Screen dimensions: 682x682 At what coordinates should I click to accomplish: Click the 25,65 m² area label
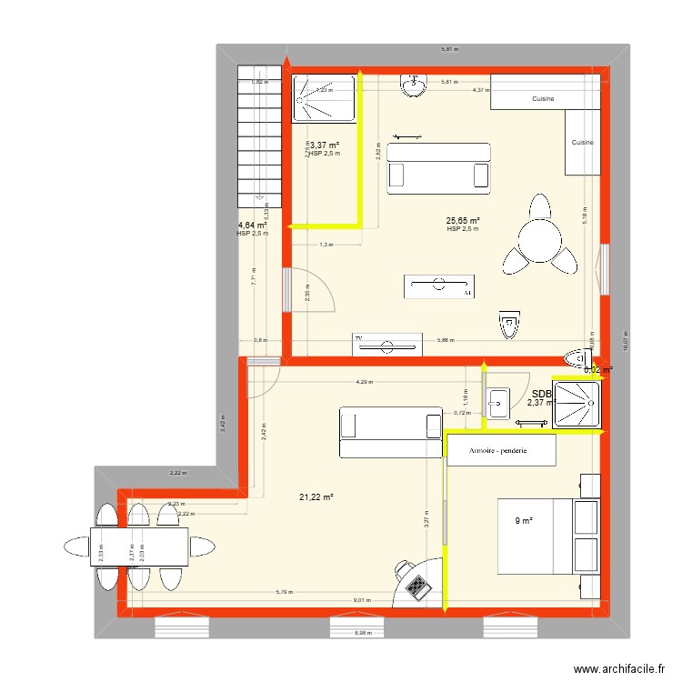462,220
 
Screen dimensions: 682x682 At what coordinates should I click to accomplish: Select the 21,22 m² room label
316,496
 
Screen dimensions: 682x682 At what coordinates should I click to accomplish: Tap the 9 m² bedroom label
523,521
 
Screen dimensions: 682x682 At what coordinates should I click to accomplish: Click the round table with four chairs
539,236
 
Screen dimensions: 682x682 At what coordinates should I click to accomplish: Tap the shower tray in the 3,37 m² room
325,97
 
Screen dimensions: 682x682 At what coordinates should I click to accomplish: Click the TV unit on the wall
388,344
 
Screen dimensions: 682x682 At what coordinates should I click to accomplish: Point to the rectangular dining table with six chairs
139,547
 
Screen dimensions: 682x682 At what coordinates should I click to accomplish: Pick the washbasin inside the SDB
497,402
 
